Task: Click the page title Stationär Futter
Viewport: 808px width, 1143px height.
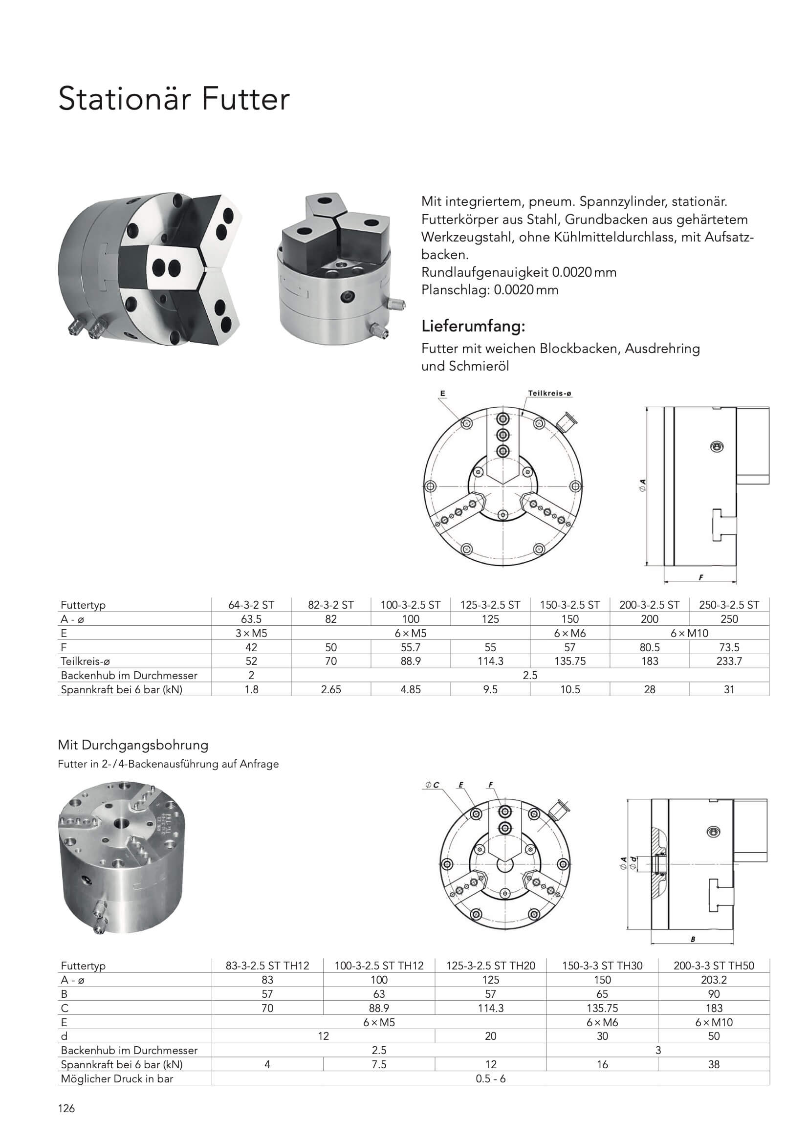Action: (x=174, y=99)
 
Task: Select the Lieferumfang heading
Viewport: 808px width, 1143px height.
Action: (x=473, y=327)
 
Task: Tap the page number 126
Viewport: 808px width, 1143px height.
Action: (x=66, y=1108)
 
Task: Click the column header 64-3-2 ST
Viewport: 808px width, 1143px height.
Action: (x=251, y=605)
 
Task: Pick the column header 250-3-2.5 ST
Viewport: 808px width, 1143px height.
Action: (x=729, y=605)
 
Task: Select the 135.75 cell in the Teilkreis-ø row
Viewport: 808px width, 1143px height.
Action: (x=569, y=661)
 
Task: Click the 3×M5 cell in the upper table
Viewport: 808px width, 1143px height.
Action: (x=251, y=633)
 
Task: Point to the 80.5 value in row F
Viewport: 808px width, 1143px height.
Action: (x=649, y=647)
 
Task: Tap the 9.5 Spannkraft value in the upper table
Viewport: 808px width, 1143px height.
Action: (x=490, y=689)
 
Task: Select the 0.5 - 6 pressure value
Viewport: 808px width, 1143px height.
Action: (x=490, y=1079)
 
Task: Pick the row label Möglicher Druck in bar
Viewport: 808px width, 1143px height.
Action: (x=117, y=1079)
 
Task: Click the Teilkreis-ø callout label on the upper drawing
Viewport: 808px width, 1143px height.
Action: (x=549, y=393)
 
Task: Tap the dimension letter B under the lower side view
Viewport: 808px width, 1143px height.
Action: (x=693, y=940)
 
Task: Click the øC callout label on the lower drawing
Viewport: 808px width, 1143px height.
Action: (x=432, y=785)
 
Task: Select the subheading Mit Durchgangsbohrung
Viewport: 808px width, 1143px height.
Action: (x=133, y=745)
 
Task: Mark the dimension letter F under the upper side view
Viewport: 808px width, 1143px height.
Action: (x=700, y=577)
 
